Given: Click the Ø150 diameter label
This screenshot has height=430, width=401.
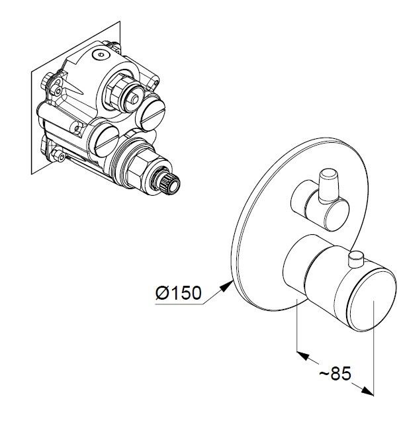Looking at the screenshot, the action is click(x=178, y=292).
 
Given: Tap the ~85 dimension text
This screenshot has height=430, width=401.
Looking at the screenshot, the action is click(x=335, y=373).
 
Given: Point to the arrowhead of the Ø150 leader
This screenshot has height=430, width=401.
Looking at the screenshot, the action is click(x=226, y=286).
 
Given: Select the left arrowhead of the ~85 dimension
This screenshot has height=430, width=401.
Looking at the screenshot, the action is click(x=303, y=356).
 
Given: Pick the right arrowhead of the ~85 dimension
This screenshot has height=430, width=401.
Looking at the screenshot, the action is click(x=367, y=391).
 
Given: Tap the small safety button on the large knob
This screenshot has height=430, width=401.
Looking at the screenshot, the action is click(x=356, y=259).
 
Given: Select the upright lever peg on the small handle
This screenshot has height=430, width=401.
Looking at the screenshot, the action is click(x=328, y=186).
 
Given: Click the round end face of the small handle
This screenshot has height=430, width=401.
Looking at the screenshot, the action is click(x=337, y=215).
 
